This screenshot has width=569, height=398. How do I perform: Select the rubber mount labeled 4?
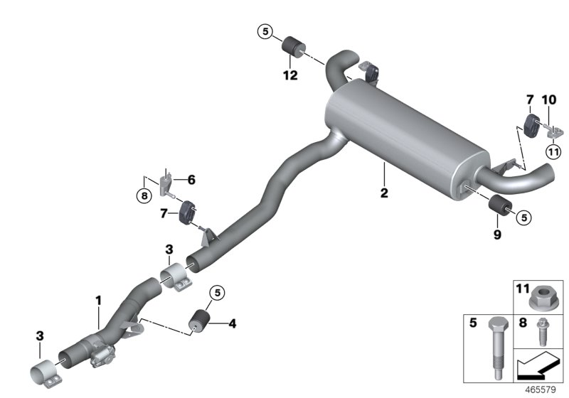coord(198,322)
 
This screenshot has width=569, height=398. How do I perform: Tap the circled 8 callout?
coord(144,194)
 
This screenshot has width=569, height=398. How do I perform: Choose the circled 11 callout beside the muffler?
coord(553,151)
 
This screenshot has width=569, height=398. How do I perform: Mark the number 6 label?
coord(191,181)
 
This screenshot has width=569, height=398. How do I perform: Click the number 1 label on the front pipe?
coord(98,302)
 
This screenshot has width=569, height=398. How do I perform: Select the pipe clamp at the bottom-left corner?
coord(44,375)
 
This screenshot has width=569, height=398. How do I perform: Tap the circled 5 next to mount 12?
coord(265,31)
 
